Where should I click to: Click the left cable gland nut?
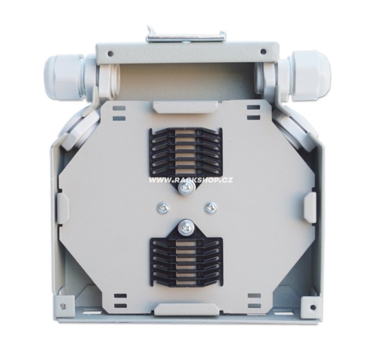click(x=64, y=76)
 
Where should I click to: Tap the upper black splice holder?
click(x=185, y=152)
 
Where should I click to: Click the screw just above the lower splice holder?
click(x=186, y=228)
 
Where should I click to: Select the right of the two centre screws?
click(x=210, y=208)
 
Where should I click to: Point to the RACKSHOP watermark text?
click(x=191, y=180)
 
